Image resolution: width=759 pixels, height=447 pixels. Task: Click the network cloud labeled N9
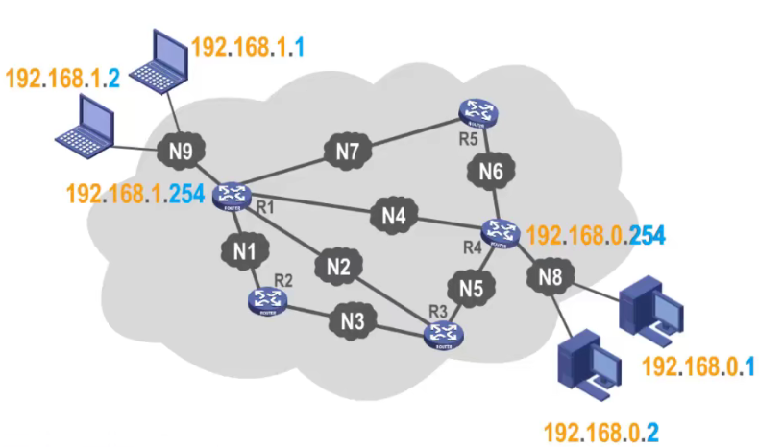click(x=181, y=151)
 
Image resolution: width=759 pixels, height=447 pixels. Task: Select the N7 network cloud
click(x=347, y=150)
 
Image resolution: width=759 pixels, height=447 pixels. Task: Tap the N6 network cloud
click(x=491, y=174)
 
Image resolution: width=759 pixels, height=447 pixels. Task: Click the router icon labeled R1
click(x=231, y=195)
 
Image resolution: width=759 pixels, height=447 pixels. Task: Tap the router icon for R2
click(x=269, y=302)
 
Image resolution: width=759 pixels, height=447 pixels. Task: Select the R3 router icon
click(x=444, y=334)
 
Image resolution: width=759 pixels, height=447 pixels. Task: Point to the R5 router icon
click(x=477, y=114)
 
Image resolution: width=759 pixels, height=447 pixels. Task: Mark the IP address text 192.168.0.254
click(x=596, y=233)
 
